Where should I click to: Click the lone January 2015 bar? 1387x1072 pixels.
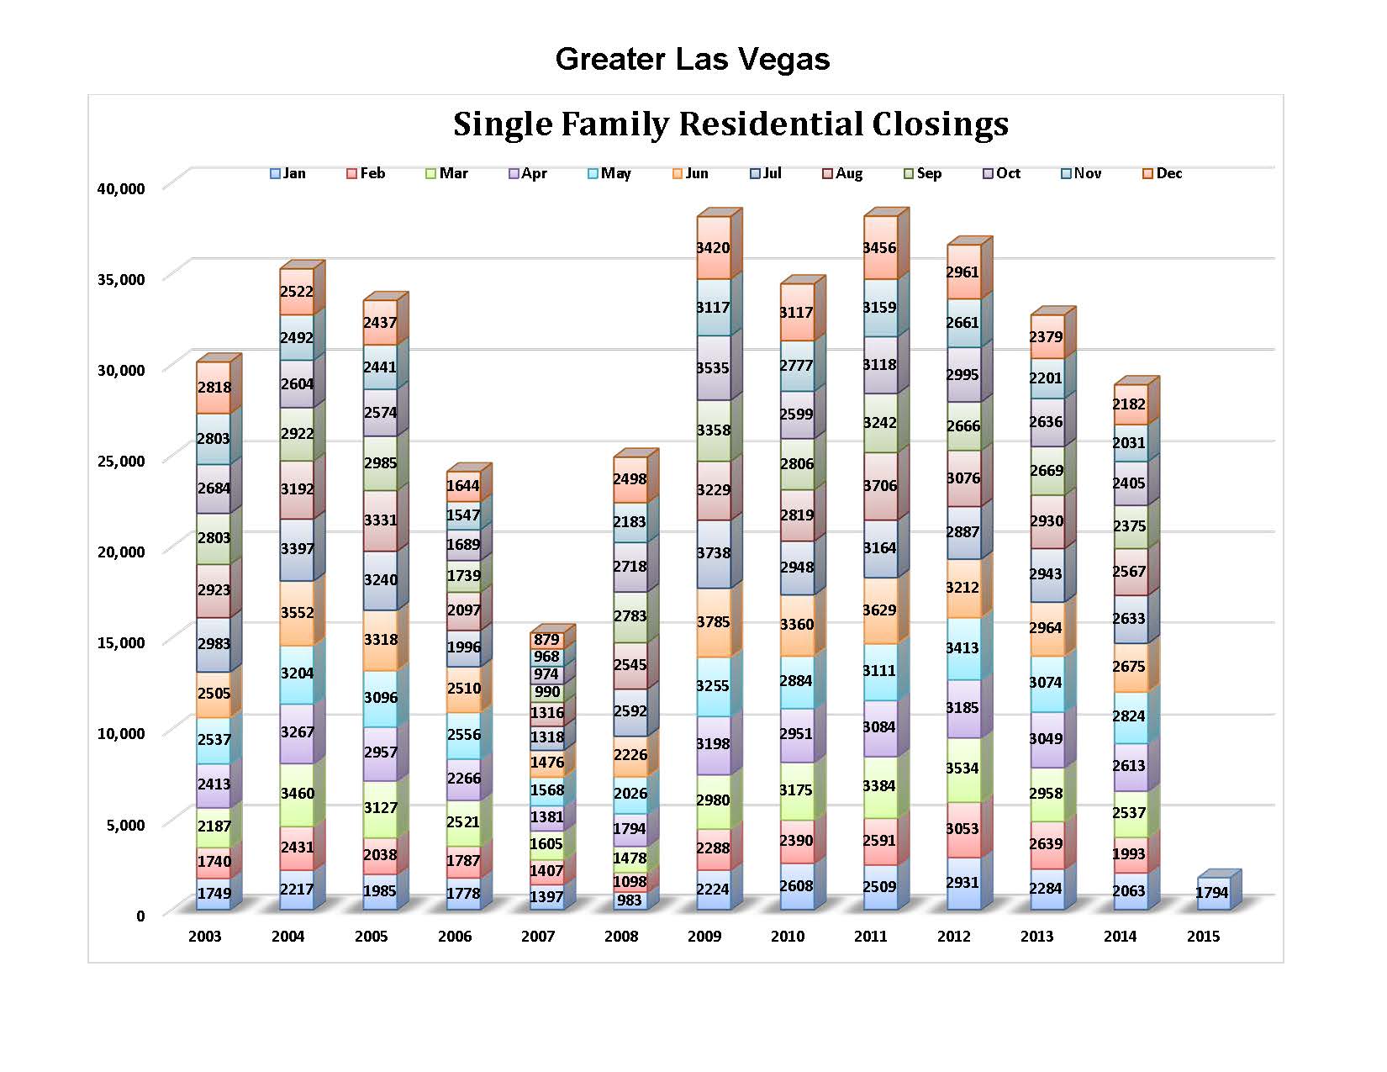[x=1211, y=893]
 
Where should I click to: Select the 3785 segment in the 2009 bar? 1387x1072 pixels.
[x=713, y=622]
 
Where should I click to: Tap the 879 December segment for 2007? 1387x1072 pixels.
[x=546, y=639]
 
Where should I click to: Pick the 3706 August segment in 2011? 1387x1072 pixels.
[x=879, y=486]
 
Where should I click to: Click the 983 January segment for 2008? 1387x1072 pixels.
[x=630, y=900]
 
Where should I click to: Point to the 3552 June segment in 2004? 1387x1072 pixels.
[x=297, y=613]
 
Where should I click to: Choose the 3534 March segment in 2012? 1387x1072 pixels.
[x=962, y=768]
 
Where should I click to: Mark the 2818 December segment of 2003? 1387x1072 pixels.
[x=214, y=388]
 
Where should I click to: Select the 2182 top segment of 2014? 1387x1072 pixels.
[x=1129, y=404]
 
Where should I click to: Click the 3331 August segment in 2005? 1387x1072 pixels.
[x=380, y=520]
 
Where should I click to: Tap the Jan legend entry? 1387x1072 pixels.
[x=287, y=173]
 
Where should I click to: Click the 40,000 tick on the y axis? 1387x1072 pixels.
[x=121, y=188]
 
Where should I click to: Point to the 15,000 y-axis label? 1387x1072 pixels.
[x=121, y=643]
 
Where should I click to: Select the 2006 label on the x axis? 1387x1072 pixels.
[x=455, y=937]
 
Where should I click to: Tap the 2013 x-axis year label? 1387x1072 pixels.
[x=1036, y=937]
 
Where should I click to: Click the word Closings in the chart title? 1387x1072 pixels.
[x=940, y=124]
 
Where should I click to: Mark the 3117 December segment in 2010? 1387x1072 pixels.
[x=796, y=313]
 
